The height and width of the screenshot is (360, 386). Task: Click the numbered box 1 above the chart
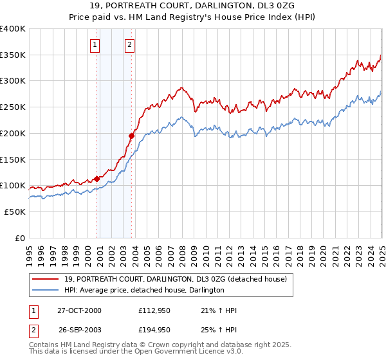[95, 45]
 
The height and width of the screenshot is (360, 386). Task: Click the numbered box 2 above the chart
[129, 45]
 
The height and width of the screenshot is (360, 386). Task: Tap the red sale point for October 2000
[97, 179]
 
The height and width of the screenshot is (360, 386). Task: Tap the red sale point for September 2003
[131, 136]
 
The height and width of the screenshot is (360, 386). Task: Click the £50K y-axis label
[15, 212]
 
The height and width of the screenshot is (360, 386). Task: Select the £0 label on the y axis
[20, 238]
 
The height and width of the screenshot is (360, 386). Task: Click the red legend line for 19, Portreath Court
[46, 279]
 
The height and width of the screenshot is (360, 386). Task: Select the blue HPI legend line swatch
[46, 290]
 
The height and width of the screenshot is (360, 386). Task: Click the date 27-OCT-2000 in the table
[79, 310]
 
